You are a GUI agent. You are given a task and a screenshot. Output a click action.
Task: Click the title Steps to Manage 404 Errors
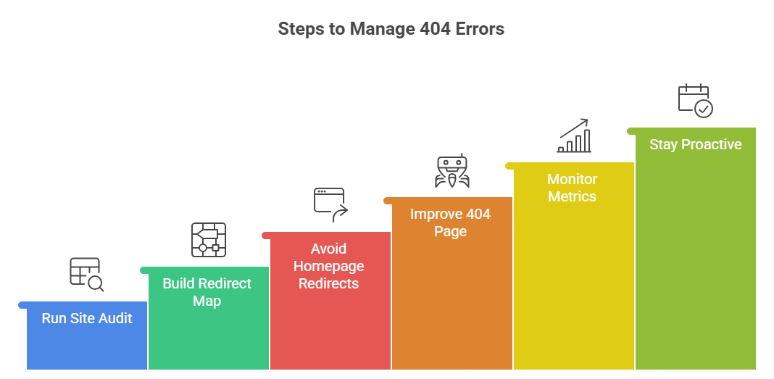click(391, 29)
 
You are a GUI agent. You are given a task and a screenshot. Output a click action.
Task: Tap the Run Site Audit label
click(87, 318)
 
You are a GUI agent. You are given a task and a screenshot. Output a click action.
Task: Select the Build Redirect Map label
click(207, 292)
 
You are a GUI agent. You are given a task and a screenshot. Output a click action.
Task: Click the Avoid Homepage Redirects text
click(329, 266)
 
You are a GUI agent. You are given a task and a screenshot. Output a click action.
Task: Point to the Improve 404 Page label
click(450, 222)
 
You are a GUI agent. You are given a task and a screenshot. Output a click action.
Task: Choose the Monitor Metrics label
click(572, 188)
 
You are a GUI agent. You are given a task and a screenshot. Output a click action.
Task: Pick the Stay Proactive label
click(695, 144)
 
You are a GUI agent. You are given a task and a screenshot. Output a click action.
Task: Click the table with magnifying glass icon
click(86, 274)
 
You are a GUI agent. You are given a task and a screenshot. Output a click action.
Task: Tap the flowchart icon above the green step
click(208, 240)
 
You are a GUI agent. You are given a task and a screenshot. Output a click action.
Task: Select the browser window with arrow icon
click(330, 204)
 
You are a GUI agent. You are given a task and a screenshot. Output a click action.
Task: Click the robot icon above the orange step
click(452, 171)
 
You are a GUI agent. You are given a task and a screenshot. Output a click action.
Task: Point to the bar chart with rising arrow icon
click(574, 136)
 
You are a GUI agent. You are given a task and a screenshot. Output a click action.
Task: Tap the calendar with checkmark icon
click(695, 101)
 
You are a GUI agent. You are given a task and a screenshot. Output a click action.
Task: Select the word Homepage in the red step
click(329, 266)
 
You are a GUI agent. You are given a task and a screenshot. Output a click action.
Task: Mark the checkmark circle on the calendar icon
click(704, 109)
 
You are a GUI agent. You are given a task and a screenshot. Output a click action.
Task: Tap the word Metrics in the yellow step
click(572, 196)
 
